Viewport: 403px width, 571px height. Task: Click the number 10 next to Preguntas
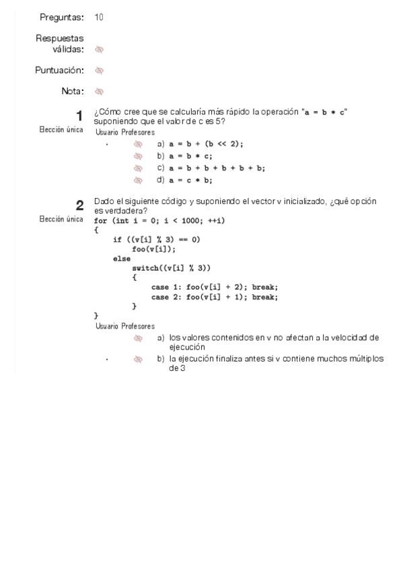point(99,18)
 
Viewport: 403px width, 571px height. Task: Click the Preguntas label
point(62,18)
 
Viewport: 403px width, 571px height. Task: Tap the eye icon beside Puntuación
point(100,70)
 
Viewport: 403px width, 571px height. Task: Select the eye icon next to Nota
point(100,91)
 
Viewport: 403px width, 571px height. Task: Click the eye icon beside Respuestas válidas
point(100,49)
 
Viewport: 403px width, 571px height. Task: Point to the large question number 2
point(79,206)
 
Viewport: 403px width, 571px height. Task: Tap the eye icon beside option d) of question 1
point(138,180)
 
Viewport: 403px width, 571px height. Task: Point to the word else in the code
point(122,259)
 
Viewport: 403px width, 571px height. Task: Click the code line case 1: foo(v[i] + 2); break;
point(215,287)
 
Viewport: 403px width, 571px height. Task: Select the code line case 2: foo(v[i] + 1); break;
point(215,296)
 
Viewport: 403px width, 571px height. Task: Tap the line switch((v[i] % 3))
point(172,268)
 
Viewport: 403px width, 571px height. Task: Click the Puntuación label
point(60,70)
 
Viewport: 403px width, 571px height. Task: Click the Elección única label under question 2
point(61,219)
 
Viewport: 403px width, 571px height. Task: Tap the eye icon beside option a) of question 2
point(138,338)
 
